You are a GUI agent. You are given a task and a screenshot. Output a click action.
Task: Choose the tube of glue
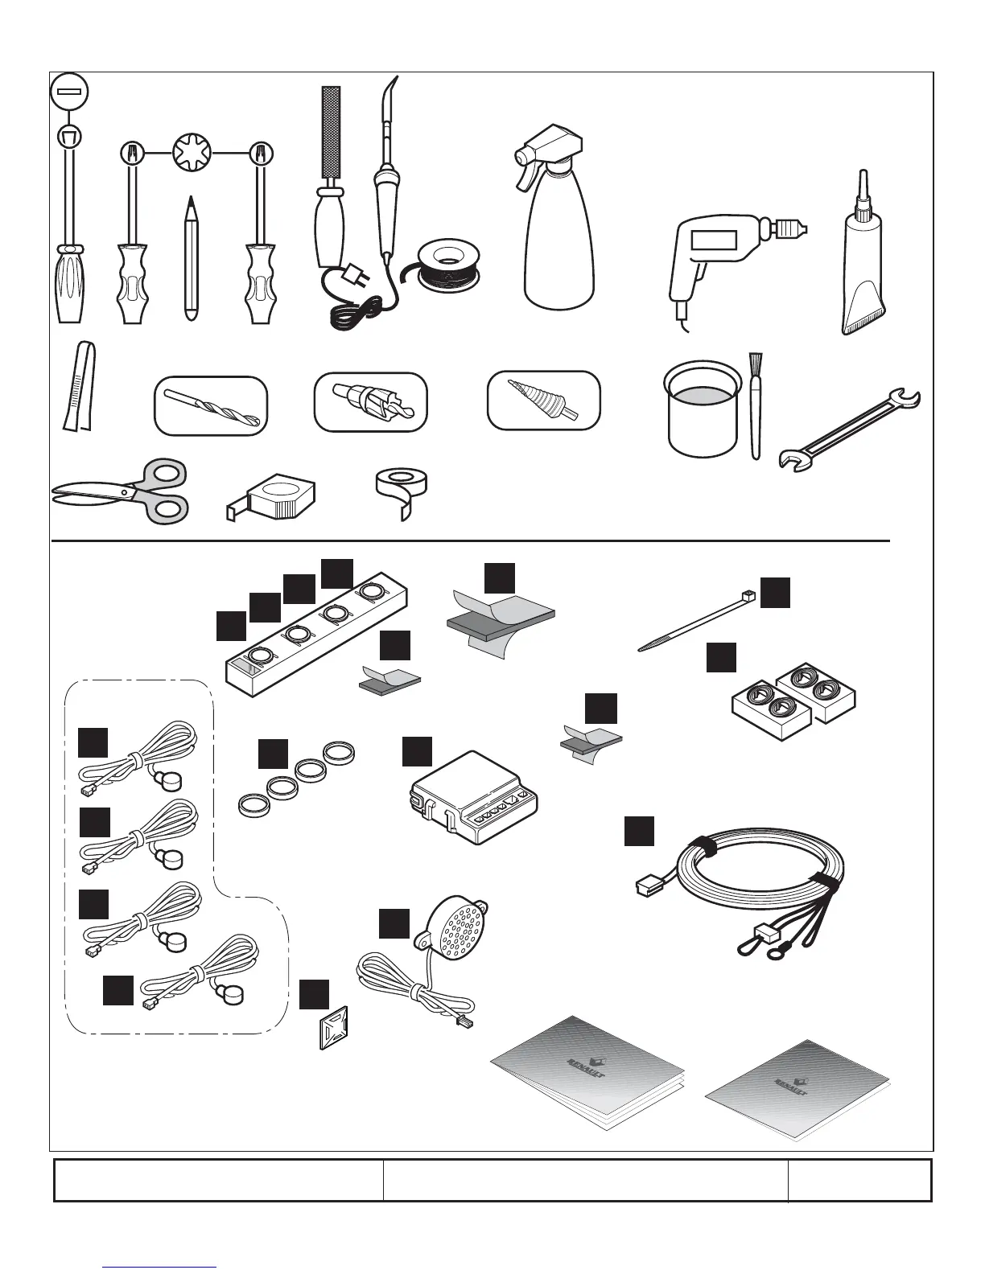[x=864, y=265]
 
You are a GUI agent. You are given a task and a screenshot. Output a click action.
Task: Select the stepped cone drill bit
[x=543, y=400]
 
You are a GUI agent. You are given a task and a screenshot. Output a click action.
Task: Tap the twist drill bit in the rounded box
[x=209, y=406]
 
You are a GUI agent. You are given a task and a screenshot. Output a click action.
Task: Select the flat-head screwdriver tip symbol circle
[x=69, y=92]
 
